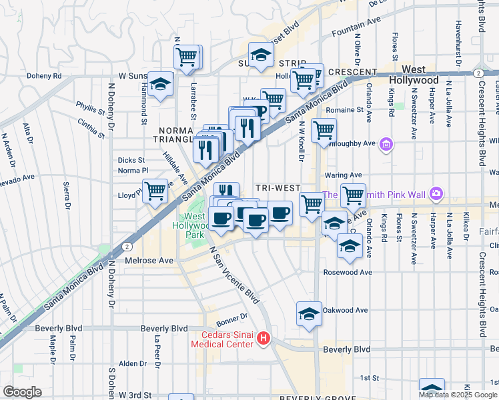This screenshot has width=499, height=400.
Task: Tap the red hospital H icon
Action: (264, 339)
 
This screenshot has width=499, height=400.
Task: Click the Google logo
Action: (22, 392)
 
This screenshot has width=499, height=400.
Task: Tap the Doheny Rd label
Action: (44, 76)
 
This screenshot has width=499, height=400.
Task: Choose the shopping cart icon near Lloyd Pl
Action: (155, 191)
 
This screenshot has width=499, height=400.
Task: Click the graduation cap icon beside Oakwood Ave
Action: (309, 313)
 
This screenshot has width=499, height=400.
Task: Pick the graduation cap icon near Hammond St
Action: (161, 84)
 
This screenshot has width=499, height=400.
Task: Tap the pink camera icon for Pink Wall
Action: (436, 193)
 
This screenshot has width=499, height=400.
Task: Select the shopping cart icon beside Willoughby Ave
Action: (324, 130)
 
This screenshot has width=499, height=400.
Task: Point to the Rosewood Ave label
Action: (347, 272)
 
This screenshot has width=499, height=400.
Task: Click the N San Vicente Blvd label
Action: (233, 273)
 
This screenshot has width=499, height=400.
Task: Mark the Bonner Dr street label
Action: (232, 316)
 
